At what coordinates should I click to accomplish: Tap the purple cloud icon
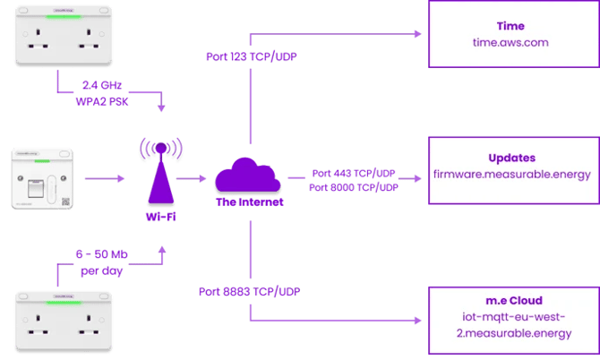250,177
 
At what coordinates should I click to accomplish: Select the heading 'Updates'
511,158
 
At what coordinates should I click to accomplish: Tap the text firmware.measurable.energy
511,174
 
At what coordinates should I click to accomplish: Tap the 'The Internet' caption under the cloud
250,203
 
